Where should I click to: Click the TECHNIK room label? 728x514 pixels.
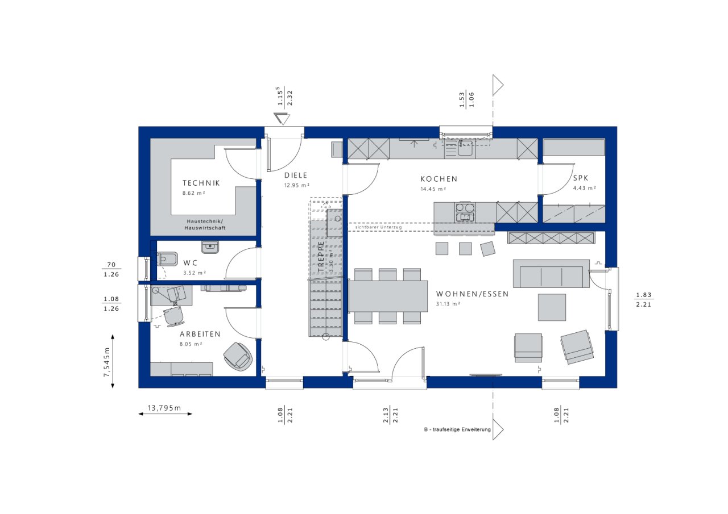tap(201, 183)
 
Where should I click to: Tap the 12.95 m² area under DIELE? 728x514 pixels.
tap(297, 185)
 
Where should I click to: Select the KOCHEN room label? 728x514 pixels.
tap(439, 179)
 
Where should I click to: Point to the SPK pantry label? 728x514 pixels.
tap(581, 178)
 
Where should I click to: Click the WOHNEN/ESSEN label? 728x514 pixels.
tap(472, 294)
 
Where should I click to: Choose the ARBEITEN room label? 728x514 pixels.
tap(200, 334)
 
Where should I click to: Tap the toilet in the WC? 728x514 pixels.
tap(167, 259)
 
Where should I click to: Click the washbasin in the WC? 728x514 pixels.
tap(210, 247)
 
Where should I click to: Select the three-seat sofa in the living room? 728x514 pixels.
tap(551, 274)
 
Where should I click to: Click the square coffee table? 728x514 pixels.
tap(552, 307)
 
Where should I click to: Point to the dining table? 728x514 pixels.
tap(388, 296)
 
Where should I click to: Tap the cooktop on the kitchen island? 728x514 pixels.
tap(465, 212)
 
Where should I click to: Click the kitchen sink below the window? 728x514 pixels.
tap(465, 148)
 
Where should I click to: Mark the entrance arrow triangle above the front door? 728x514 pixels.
tap(282, 119)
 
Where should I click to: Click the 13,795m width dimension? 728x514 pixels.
tap(164, 408)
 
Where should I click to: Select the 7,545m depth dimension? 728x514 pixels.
tap(106, 362)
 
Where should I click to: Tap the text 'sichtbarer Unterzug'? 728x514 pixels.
tap(378, 227)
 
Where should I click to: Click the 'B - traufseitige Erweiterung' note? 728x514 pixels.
tap(457, 429)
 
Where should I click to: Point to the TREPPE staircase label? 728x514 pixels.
tap(321, 256)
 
